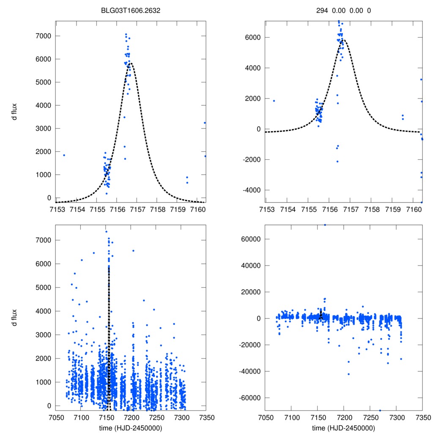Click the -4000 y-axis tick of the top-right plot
click(x=251, y=190)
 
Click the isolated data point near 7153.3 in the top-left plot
click(x=64, y=155)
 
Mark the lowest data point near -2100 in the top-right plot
click(x=337, y=162)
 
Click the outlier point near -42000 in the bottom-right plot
click(x=348, y=374)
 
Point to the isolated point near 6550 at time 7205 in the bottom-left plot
click(x=133, y=251)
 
